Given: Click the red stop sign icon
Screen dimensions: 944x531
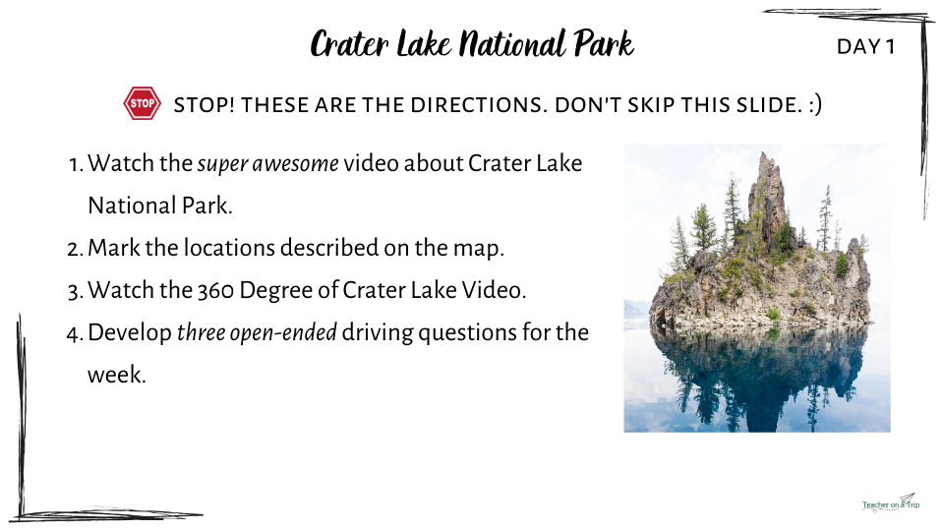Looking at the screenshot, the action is tap(142, 103).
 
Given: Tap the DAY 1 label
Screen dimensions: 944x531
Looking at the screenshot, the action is tap(865, 46).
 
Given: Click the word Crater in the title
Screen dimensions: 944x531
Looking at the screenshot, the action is tap(349, 44).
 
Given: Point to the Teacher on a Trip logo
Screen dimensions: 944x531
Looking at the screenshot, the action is tap(891, 502).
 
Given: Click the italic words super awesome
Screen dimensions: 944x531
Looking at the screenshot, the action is tap(267, 164).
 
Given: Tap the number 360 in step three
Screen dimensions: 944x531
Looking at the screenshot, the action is tap(216, 290).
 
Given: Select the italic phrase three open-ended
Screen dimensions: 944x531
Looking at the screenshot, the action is tap(257, 333).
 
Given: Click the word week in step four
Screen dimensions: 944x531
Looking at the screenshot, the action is tap(117, 375).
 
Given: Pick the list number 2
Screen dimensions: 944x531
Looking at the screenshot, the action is tap(75, 249).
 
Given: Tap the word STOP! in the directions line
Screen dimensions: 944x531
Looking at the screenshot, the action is tap(205, 105).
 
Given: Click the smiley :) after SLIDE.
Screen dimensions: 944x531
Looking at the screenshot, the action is tap(815, 105).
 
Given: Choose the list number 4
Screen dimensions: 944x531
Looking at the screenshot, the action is tap(75, 333).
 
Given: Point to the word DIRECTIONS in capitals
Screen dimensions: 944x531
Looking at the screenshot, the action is tap(479, 105).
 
